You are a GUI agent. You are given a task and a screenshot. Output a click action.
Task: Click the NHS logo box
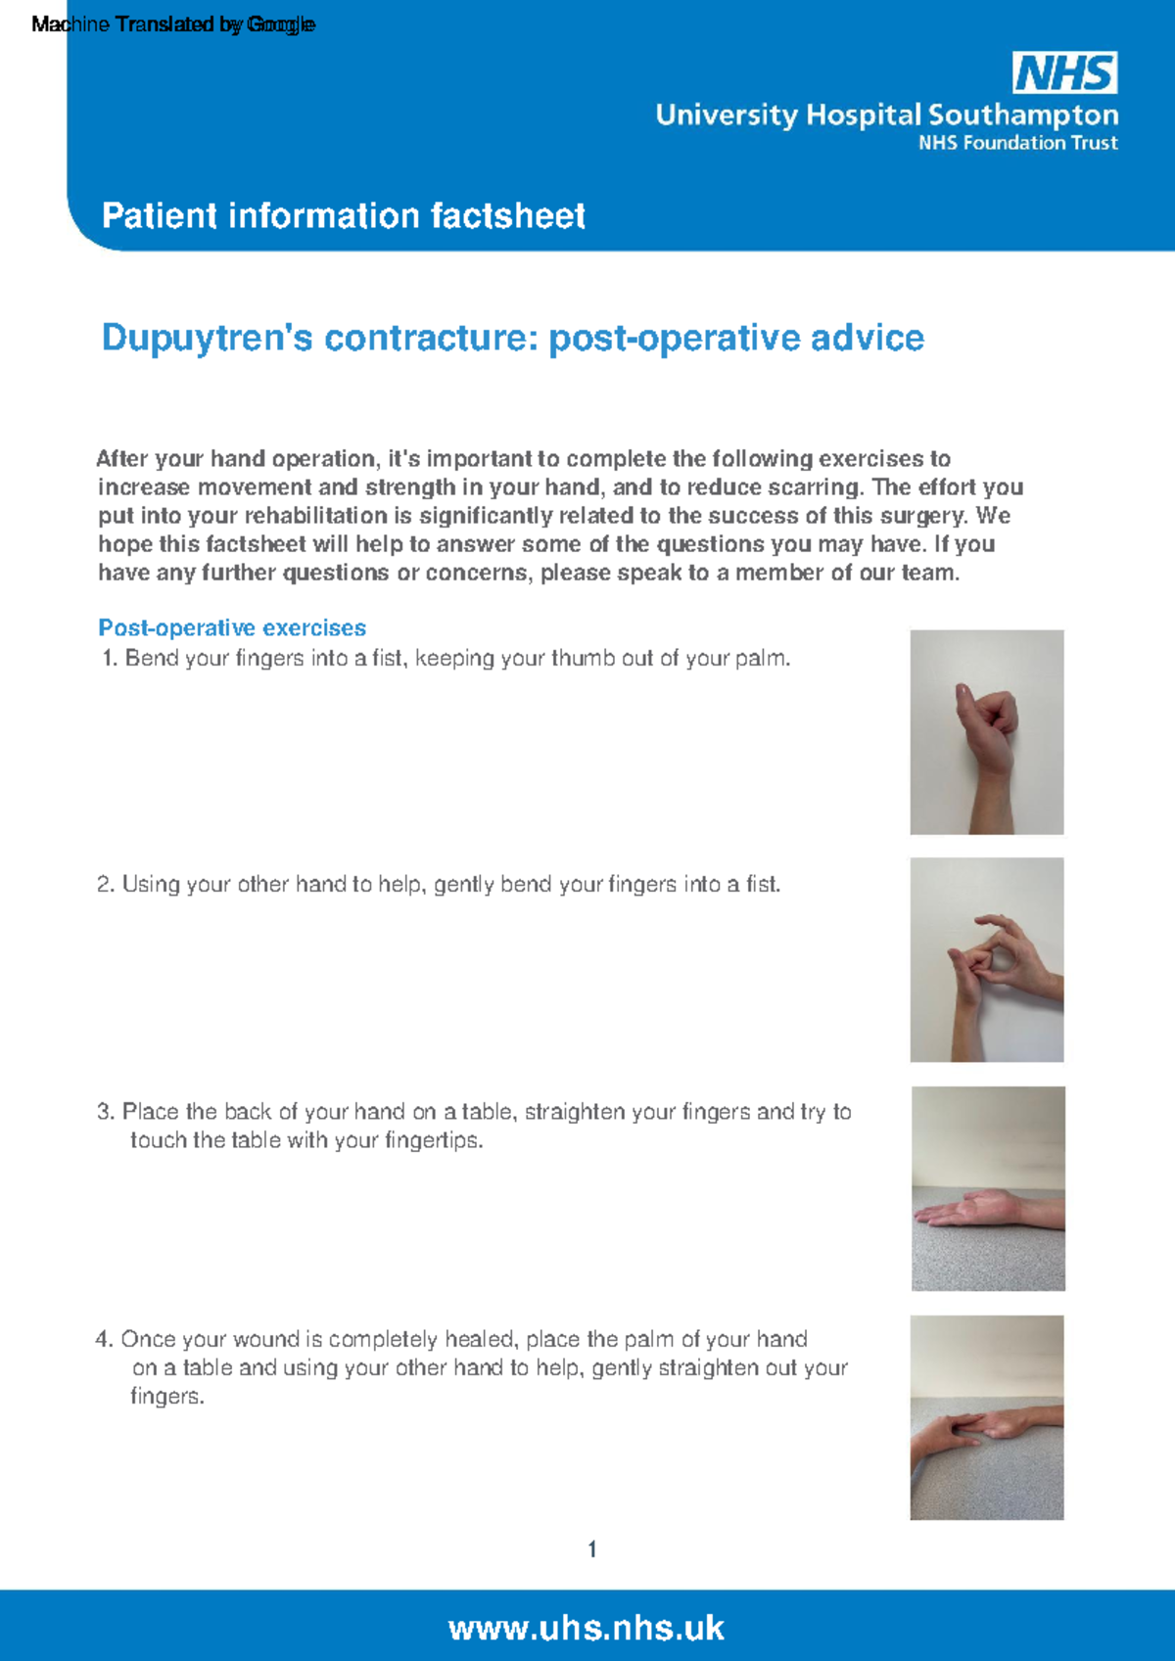click(1064, 73)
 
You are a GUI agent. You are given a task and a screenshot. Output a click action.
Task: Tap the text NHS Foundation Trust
click(1017, 143)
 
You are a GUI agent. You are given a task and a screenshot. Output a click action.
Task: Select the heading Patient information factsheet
click(343, 215)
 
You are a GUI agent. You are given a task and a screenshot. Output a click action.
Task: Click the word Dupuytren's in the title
click(207, 338)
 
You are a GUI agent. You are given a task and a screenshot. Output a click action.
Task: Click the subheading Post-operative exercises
click(232, 627)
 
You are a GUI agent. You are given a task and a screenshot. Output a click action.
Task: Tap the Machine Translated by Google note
click(173, 24)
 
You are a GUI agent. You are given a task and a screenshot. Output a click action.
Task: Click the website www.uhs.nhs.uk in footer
click(586, 1627)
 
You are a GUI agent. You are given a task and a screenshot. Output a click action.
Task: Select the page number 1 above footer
click(591, 1548)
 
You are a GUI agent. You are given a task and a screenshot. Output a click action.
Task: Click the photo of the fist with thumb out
click(986, 732)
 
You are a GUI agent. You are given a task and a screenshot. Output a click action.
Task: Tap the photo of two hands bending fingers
click(986, 959)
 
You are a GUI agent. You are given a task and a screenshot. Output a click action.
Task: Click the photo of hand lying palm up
click(987, 1188)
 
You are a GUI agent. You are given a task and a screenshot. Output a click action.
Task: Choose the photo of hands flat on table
click(986, 1417)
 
